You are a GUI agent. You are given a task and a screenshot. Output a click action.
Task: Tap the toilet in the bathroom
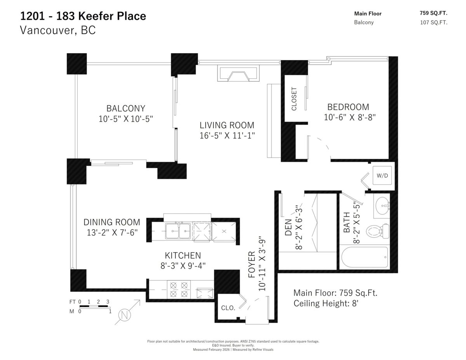(x=378, y=231)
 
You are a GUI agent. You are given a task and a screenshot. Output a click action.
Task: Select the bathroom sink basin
(x=383, y=205)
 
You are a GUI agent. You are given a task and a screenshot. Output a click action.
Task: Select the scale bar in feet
(x=94, y=306)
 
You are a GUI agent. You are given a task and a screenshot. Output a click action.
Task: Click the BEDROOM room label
(x=348, y=107)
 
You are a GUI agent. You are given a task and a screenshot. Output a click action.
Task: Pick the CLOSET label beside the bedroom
(x=294, y=99)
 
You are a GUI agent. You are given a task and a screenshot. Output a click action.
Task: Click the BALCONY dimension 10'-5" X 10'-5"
(x=126, y=119)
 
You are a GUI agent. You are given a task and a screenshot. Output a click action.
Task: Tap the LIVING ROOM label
(x=227, y=125)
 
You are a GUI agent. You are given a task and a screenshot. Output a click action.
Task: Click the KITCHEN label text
(x=183, y=256)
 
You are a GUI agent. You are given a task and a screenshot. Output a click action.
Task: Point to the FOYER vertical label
(x=251, y=264)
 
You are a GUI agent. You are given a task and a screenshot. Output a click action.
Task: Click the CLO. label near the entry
(x=228, y=308)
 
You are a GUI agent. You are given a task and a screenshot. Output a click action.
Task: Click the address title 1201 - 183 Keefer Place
(x=83, y=16)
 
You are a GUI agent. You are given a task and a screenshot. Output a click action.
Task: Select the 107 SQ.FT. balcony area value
(x=433, y=22)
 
